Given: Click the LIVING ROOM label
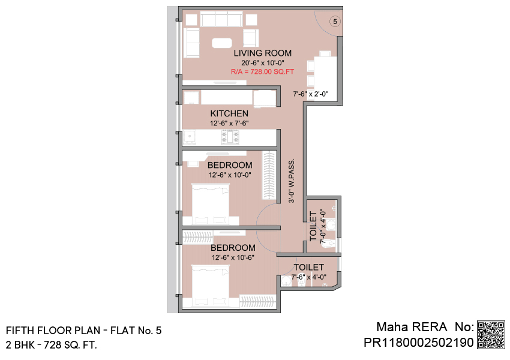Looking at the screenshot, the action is point(262,53).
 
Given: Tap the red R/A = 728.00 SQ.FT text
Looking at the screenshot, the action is point(262,71).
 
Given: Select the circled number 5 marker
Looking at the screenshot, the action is point(335,22).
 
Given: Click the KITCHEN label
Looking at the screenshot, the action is point(229,113).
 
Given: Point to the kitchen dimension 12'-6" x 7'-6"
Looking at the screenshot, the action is point(229,123).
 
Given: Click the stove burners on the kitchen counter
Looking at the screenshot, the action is point(230,137).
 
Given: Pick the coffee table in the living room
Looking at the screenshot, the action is point(222,43).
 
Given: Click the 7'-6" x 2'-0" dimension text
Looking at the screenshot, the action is point(311,94).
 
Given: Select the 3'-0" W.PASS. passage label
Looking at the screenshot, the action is point(292,181).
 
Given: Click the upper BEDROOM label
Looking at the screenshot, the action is point(230,165).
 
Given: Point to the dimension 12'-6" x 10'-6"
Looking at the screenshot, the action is point(233,257).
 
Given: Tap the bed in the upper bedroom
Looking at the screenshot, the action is point(211,204).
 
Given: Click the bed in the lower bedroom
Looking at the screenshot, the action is point(211,286).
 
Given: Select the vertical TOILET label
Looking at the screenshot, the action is point(313,226).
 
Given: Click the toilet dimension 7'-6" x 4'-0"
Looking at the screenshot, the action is point(308,277).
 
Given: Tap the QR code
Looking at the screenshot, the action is point(491,335).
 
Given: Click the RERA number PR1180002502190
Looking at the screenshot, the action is point(419,343).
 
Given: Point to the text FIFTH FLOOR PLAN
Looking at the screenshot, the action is point(53,331).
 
